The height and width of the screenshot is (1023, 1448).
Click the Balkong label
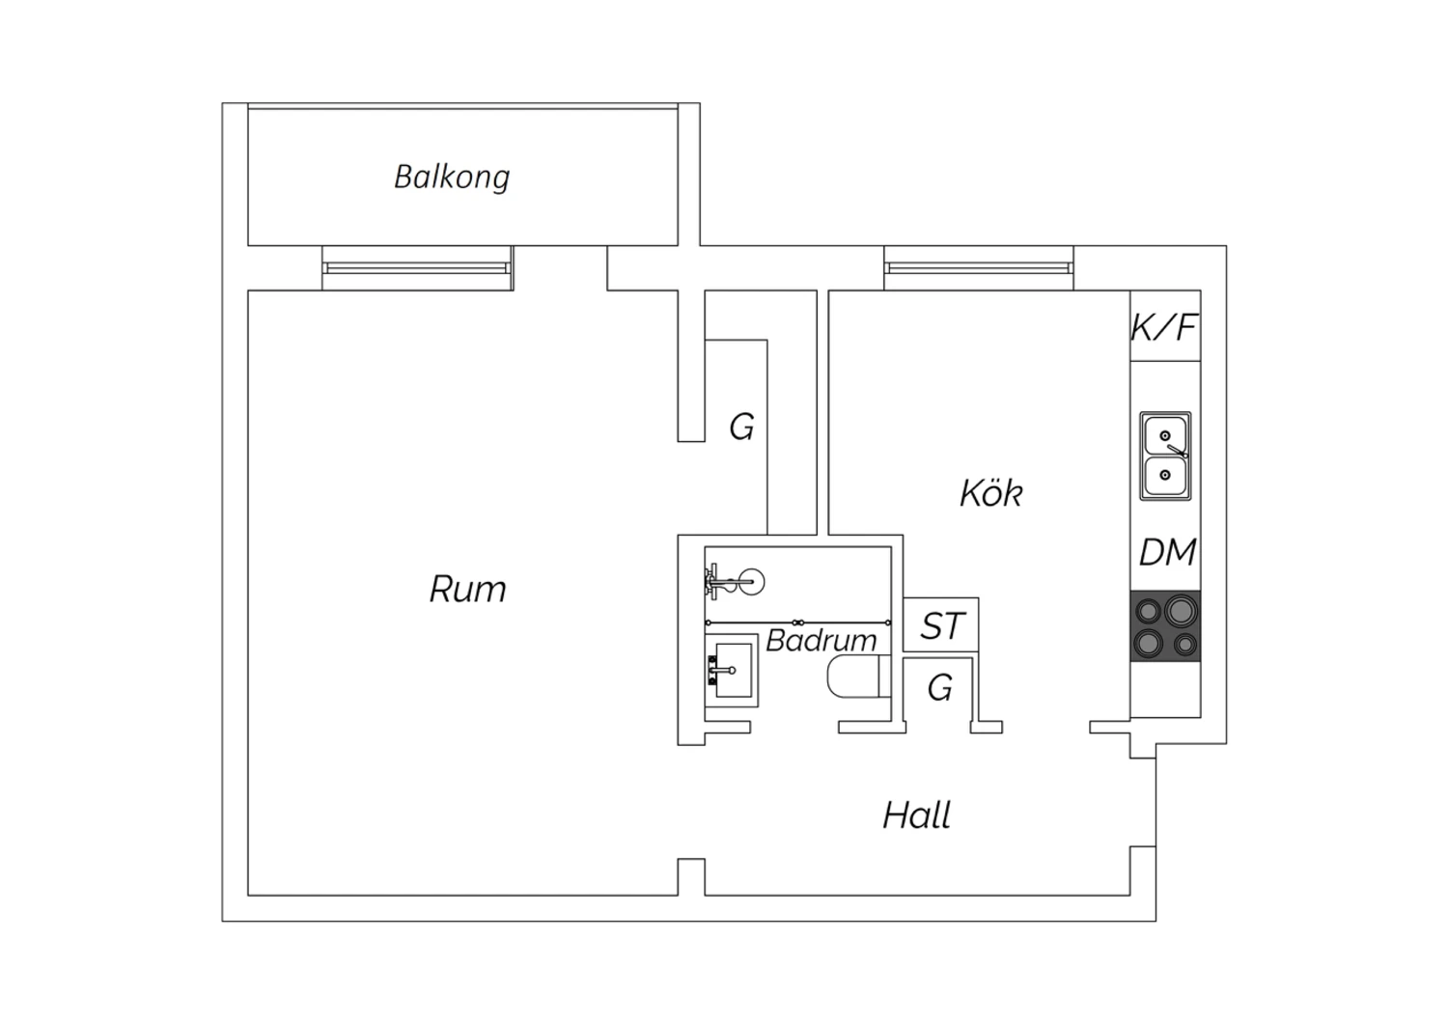click(x=452, y=177)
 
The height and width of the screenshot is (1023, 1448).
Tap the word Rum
click(x=468, y=590)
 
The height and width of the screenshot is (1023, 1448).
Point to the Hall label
click(x=917, y=815)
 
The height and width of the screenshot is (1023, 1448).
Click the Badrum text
click(x=821, y=641)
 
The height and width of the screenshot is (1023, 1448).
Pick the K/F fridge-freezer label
click(x=1164, y=327)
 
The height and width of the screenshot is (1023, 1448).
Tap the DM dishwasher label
click(x=1167, y=553)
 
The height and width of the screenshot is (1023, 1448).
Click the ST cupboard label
click(x=942, y=625)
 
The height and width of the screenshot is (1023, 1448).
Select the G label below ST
click(x=940, y=687)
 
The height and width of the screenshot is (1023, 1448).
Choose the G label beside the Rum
click(x=741, y=427)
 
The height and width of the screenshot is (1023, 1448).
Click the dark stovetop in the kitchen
click(x=1165, y=625)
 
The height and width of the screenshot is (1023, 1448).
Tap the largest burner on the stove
click(x=1181, y=610)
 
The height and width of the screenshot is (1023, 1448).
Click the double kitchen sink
click(x=1165, y=456)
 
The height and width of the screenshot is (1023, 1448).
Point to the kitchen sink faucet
click(x=1177, y=451)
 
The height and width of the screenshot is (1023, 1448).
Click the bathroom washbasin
click(x=731, y=670)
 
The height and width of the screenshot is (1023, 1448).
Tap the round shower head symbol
click(x=752, y=582)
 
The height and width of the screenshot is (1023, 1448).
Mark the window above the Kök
click(x=979, y=268)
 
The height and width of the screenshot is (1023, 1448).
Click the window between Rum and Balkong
click(x=418, y=268)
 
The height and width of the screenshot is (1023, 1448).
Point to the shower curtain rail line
click(x=798, y=623)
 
